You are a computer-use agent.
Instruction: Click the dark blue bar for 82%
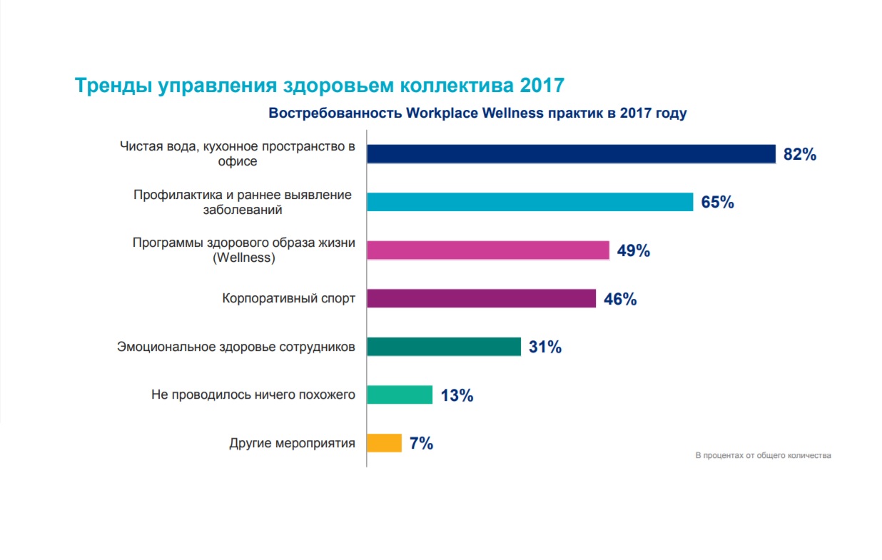click(x=571, y=154)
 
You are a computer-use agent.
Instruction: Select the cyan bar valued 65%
click(x=529, y=202)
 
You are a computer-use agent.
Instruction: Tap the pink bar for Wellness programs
click(x=488, y=250)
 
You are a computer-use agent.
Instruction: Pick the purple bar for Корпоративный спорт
click(x=481, y=298)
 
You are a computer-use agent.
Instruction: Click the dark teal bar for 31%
click(x=444, y=347)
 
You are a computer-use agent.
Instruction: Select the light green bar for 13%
click(x=400, y=394)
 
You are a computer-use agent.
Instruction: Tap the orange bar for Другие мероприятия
click(x=384, y=443)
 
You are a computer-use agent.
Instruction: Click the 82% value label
click(x=799, y=155)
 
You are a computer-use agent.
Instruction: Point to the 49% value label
click(x=633, y=251)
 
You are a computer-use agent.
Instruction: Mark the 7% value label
click(x=421, y=444)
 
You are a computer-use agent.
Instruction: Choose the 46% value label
click(x=619, y=299)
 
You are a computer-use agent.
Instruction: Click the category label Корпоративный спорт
click(x=288, y=298)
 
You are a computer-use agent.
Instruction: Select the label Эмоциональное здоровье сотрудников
click(x=235, y=347)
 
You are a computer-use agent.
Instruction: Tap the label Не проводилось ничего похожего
click(x=253, y=394)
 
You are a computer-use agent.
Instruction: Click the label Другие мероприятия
click(x=292, y=443)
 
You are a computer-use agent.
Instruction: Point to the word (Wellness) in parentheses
click(x=243, y=258)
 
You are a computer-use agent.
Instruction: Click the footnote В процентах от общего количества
click(x=763, y=455)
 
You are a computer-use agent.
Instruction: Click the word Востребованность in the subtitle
click(x=334, y=113)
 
